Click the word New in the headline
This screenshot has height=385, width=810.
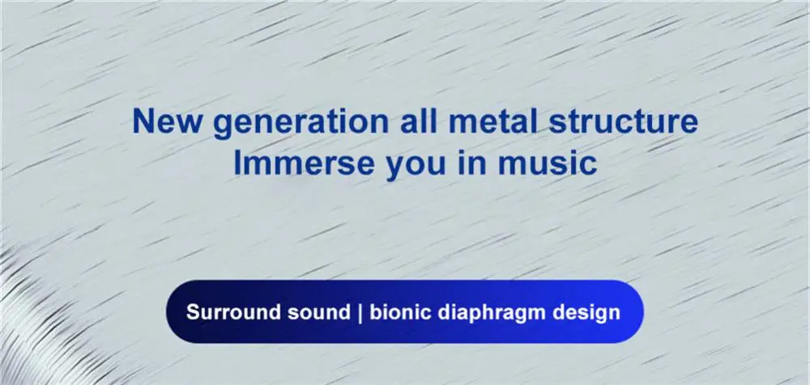tap(168, 121)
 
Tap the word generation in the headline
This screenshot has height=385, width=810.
tap(301, 124)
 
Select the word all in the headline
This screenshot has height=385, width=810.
tap(419, 121)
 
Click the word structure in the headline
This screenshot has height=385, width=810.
tap(623, 121)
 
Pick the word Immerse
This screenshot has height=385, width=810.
tap(304, 163)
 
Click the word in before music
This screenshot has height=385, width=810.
tap(472, 163)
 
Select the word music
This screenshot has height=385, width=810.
tap(547, 163)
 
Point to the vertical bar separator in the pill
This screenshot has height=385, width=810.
tap(360, 313)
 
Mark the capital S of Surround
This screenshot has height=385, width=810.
tap(193, 312)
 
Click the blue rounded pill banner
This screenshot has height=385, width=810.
tap(405, 311)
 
